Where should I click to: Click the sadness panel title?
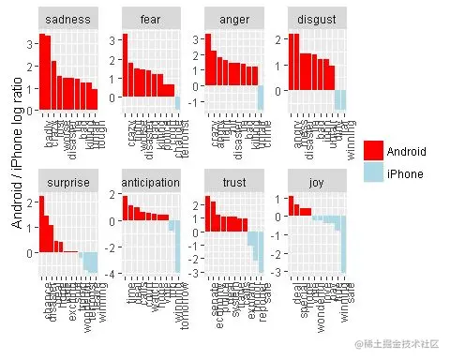pyautogui.click(x=68, y=18)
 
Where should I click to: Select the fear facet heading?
pyautogui.click(x=150, y=18)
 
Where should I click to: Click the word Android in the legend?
pyautogui.click(x=407, y=150)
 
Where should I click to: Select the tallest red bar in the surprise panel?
pyautogui.click(x=40, y=225)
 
